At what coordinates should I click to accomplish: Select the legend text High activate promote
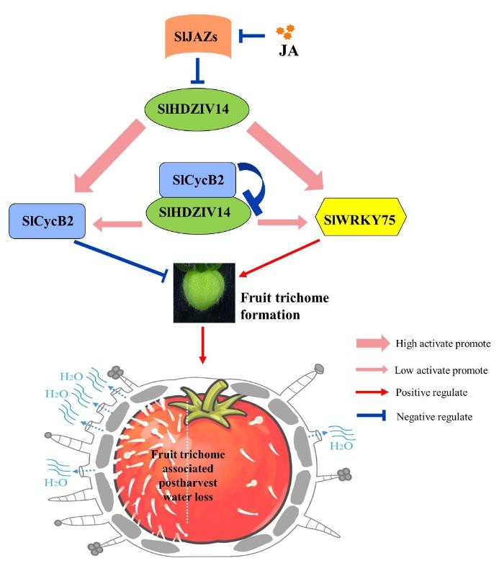coord(444,343)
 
